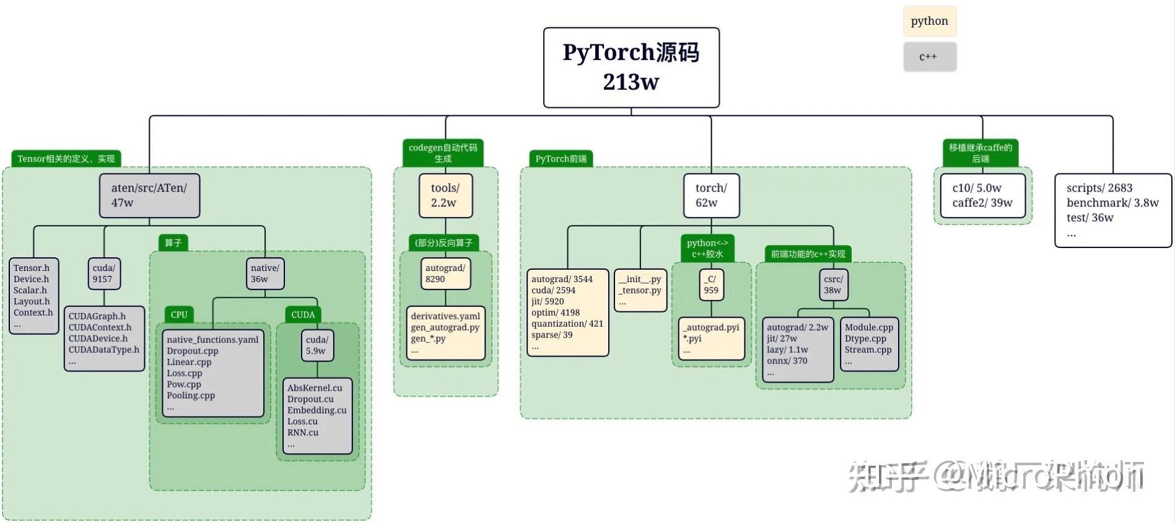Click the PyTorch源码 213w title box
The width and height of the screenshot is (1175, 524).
tap(631, 67)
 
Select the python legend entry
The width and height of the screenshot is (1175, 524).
tap(929, 21)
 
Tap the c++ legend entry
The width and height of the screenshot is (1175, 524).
tap(929, 57)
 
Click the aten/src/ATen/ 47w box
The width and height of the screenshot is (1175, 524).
tap(149, 195)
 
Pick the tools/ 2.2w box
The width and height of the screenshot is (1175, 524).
tap(445, 195)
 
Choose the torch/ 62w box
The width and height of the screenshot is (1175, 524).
tap(711, 195)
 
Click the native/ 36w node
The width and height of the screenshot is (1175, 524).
tap(265, 273)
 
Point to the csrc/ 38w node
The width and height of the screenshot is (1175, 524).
tap(833, 285)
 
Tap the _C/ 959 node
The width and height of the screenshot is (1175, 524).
tap(711, 285)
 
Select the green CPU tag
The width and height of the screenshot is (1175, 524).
tap(179, 314)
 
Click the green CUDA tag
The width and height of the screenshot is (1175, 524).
tap(303, 314)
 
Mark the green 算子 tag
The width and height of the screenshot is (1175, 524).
tap(173, 242)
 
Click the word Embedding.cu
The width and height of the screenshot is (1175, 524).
tap(317, 411)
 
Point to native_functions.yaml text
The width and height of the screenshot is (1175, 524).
tap(212, 340)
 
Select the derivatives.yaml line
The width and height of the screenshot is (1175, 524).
tap(445, 316)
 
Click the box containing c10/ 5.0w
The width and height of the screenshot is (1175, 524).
tap(982, 195)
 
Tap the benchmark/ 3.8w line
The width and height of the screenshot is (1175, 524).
tap(1112, 203)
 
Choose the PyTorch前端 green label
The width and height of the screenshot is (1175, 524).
tap(561, 159)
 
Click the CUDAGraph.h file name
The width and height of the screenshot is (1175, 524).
tap(97, 316)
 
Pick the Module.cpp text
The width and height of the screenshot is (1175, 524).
tap(868, 327)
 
